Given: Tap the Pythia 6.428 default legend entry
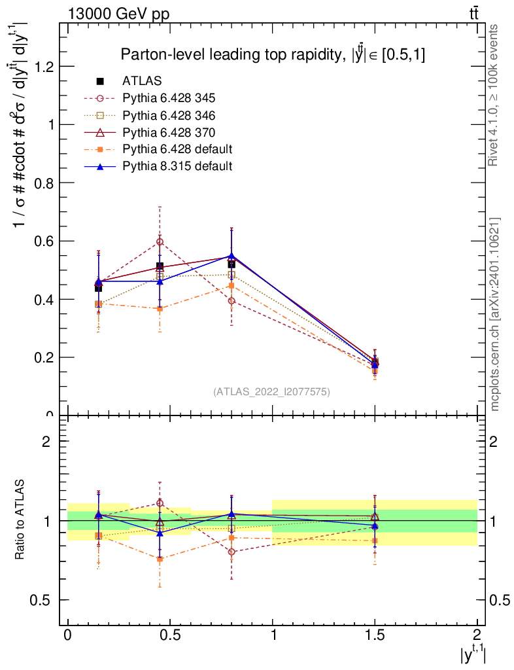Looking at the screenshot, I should click(x=177, y=149).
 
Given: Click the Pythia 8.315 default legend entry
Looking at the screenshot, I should click(x=177, y=166).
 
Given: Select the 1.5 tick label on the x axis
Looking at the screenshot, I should click(x=375, y=636).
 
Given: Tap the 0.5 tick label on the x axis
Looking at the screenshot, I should click(x=170, y=636).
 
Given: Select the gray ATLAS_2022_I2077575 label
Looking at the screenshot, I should click(x=271, y=392).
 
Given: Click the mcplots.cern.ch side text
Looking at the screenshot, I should click(x=495, y=314).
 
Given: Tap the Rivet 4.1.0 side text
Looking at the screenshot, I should click(x=495, y=95).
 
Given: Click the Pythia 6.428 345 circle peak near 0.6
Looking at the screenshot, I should click(x=160, y=241).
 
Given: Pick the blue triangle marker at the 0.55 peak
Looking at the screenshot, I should click(x=231, y=255).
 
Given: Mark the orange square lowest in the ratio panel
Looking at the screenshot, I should click(x=160, y=559).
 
